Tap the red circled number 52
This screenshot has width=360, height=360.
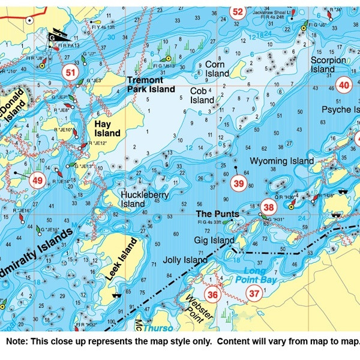(238, 11)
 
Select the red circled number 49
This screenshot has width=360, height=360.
(38, 180)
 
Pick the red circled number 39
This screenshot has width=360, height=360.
(239, 184)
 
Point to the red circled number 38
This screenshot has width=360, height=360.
(268, 208)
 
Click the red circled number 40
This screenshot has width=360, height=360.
(344, 85)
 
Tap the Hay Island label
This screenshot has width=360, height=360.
(108, 128)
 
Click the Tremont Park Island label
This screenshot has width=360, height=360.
(151, 85)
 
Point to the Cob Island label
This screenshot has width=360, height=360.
(202, 95)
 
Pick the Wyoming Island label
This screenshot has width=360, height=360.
(281, 161)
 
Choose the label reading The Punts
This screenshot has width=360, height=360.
(217, 214)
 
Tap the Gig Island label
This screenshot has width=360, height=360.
(214, 241)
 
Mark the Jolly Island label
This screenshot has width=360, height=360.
(185, 260)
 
